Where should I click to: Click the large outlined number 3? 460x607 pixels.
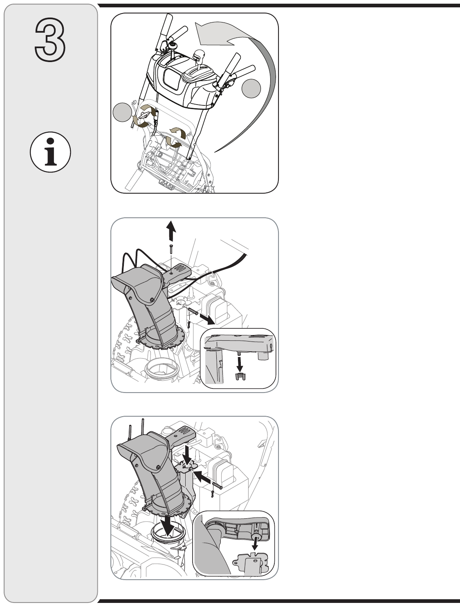(x=50, y=40)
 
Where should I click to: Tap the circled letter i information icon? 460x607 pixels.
(x=50, y=152)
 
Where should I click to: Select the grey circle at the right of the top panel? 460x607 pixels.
(x=251, y=89)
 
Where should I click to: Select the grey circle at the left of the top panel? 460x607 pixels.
(x=122, y=112)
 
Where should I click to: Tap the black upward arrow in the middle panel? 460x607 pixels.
(x=172, y=230)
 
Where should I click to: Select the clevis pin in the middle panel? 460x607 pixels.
(x=192, y=311)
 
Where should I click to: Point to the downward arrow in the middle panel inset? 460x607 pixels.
(x=240, y=364)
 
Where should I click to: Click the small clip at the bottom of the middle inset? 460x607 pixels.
(x=240, y=376)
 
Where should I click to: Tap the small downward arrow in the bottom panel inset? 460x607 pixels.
(x=256, y=545)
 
